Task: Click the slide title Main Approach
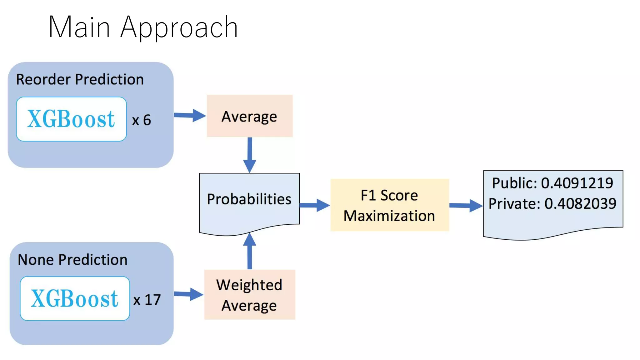point(143,27)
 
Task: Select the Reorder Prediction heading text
point(80,79)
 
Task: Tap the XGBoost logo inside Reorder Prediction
point(71,119)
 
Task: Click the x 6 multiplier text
point(142,120)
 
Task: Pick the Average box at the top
point(249,116)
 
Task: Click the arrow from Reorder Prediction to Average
point(189,115)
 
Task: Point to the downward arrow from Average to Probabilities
point(250,155)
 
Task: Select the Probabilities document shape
point(249,203)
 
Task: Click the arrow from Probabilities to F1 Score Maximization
point(314,205)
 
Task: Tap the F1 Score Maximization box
point(389,205)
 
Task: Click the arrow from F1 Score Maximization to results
point(466,205)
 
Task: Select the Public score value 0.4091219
point(577,183)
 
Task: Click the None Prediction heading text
point(72,260)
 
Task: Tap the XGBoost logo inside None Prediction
point(75,298)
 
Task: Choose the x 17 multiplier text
point(147,300)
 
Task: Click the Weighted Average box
point(249,294)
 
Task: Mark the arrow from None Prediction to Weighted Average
point(188,294)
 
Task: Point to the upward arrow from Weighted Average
point(250,251)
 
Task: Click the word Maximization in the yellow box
point(389,216)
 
